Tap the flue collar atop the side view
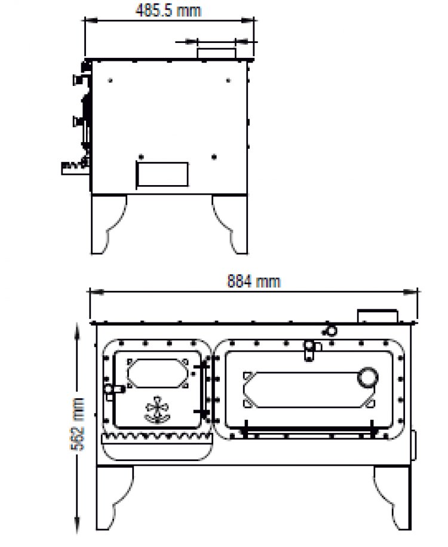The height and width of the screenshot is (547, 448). point(217,51)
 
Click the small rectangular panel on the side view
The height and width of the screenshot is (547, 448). point(162,173)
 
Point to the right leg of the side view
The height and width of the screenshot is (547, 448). point(230,223)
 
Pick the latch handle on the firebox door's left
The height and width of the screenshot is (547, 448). point(111,389)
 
